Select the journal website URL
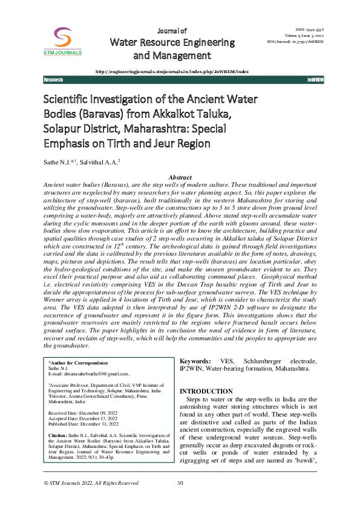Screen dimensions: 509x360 [172, 71]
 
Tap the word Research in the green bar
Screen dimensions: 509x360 [54, 80]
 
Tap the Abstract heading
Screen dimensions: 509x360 [180, 177]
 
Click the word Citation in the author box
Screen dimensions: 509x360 [57, 435]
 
